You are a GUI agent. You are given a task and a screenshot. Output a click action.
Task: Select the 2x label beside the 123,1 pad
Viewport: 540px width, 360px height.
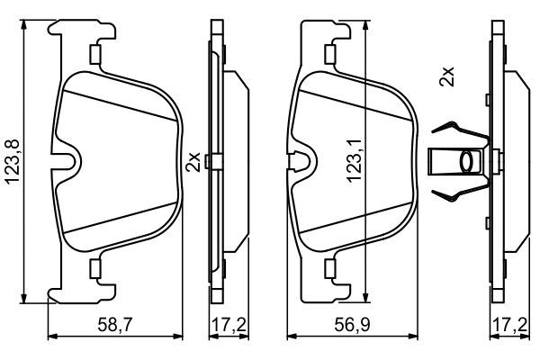(191, 162)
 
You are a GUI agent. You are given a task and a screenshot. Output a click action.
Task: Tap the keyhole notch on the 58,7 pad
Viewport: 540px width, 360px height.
(69, 162)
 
